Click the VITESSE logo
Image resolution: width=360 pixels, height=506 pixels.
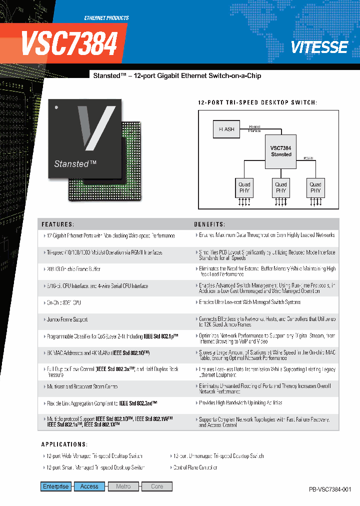click(x=319, y=47)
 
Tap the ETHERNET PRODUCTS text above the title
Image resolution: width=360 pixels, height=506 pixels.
click(x=106, y=18)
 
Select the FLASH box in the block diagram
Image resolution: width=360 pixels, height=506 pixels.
click(x=227, y=129)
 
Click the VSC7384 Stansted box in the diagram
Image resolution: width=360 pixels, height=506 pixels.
click(x=281, y=151)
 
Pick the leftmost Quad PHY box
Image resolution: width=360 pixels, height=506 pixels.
click(x=244, y=187)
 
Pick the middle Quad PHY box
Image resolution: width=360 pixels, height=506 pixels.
click(x=281, y=187)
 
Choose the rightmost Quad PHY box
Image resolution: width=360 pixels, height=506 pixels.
click(x=315, y=187)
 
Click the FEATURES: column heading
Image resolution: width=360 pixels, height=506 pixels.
click(x=58, y=224)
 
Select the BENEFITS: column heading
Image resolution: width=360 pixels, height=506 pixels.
click(x=209, y=224)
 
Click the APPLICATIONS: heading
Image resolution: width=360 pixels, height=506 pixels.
click(x=64, y=444)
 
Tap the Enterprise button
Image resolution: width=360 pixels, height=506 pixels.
click(x=56, y=486)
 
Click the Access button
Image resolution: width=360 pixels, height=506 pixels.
click(x=89, y=486)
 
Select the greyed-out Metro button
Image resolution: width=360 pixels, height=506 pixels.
click(x=123, y=486)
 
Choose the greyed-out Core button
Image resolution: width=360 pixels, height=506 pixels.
click(x=156, y=486)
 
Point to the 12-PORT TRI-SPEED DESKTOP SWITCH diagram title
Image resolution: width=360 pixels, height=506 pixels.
click(x=257, y=102)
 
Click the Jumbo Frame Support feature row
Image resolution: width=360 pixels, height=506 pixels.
click(x=67, y=319)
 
